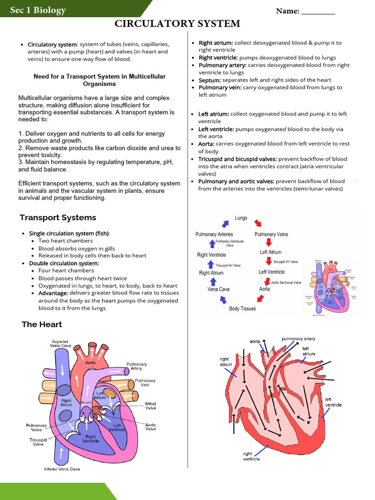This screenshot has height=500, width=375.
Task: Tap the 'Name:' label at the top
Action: click(288, 11)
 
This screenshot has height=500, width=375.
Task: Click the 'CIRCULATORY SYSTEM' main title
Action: click(177, 23)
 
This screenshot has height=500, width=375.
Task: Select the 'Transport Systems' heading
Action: click(58, 217)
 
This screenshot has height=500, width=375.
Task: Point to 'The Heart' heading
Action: click(42, 324)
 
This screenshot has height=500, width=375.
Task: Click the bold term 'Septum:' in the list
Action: click(210, 80)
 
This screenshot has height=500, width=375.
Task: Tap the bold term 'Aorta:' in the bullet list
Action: click(206, 144)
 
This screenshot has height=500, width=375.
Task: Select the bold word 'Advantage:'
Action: click(54, 293)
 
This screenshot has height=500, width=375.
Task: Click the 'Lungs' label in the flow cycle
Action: click(241, 218)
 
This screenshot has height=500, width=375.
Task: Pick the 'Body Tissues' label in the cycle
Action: click(242, 309)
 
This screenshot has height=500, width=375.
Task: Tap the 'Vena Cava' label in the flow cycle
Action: click(218, 289)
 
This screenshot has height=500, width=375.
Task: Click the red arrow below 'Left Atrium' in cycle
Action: click(268, 262)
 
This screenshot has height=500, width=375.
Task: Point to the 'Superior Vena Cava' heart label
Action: click(61, 343)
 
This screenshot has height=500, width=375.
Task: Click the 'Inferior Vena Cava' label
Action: click(62, 469)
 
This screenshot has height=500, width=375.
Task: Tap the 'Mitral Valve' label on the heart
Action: click(150, 406)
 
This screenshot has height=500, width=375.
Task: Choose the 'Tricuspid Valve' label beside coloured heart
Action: click(38, 442)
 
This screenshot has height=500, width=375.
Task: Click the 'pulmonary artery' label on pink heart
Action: click(298, 338)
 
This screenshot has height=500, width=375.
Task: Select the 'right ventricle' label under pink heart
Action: click(251, 456)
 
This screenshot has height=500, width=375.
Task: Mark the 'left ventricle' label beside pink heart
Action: click(333, 402)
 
